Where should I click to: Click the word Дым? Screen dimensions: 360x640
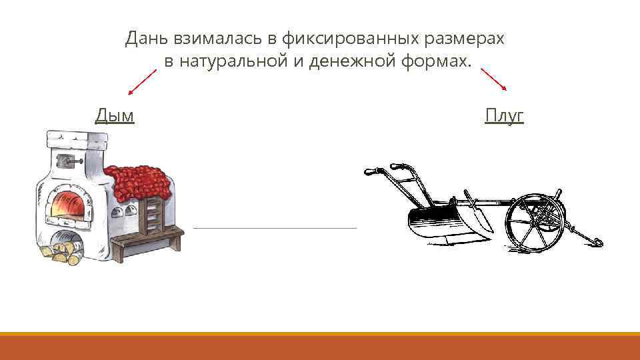[x=115, y=115]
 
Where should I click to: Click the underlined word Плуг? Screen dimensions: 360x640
[x=505, y=115]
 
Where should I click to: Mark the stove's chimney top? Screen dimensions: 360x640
[x=76, y=140]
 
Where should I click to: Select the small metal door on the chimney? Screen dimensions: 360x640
[x=67, y=160]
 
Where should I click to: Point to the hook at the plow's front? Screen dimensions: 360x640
[x=596, y=241]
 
